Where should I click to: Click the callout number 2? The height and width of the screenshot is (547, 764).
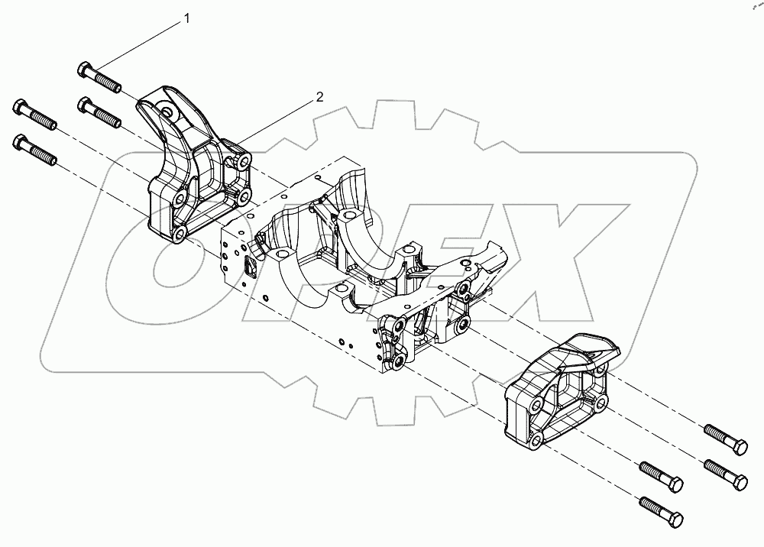320,97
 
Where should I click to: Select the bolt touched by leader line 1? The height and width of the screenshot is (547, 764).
100,78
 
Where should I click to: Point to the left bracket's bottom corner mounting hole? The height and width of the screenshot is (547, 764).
176,234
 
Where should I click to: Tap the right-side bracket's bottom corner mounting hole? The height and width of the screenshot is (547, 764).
538,439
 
